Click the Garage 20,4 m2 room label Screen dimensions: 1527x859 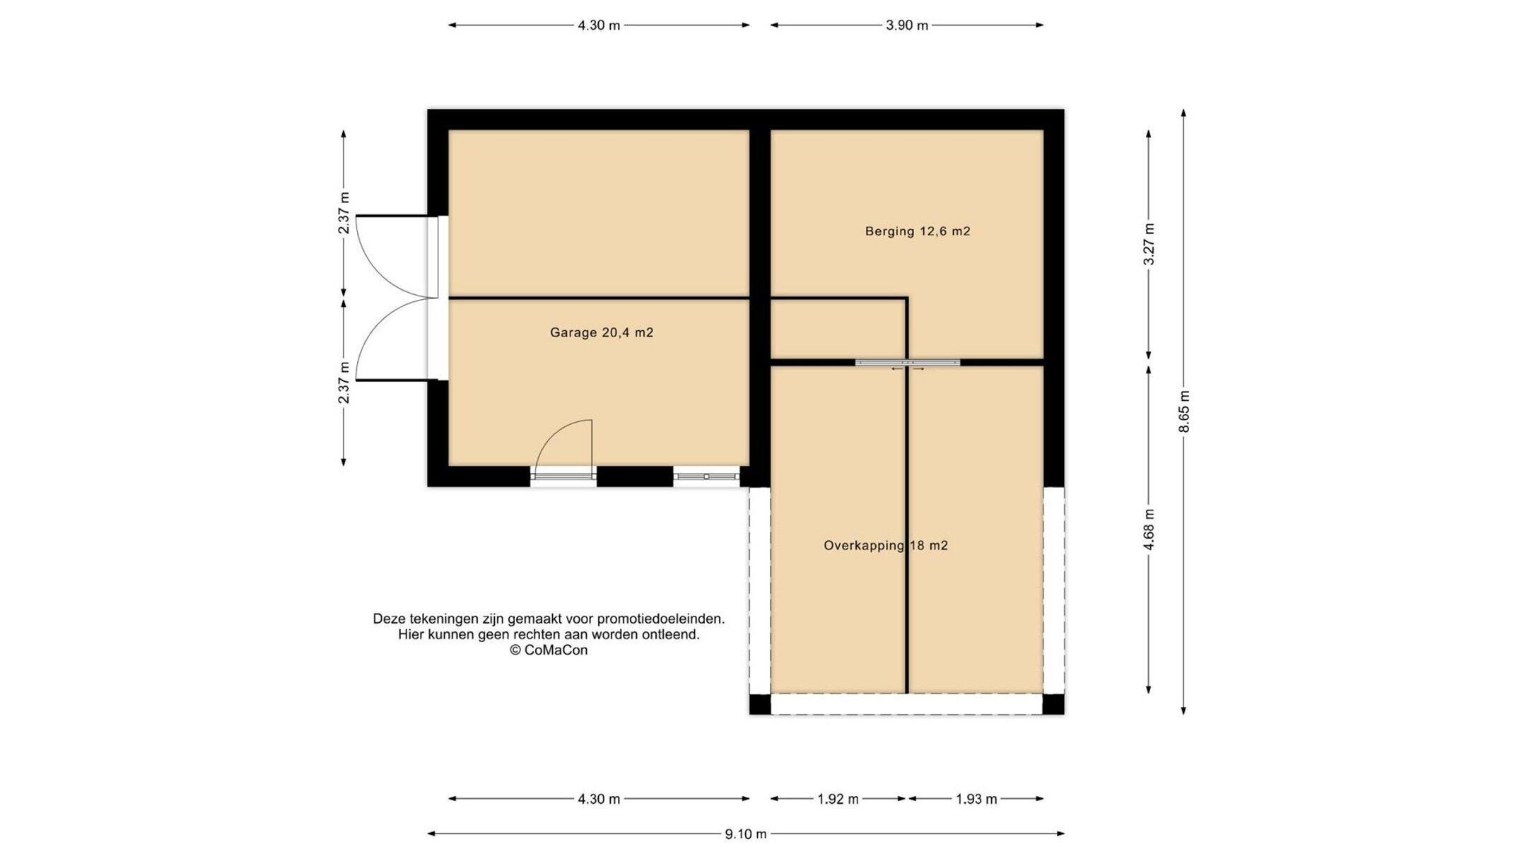pyautogui.click(x=602, y=332)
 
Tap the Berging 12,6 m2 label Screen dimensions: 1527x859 pyautogui.click(x=918, y=231)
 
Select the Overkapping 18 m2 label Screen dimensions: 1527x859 pyautogui.click(x=886, y=546)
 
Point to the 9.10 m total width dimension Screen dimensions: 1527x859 pyautogui.click(x=746, y=834)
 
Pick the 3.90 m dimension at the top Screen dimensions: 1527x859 pyautogui.click(x=907, y=25)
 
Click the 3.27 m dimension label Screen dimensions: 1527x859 pyautogui.click(x=1149, y=244)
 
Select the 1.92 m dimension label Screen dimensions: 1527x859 pyautogui.click(x=838, y=800)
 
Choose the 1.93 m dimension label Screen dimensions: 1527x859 pyautogui.click(x=976, y=800)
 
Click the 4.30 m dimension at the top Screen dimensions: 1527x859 pyautogui.click(x=599, y=25)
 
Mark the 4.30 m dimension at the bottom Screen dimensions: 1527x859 pyautogui.click(x=599, y=800)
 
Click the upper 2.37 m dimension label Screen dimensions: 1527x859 pyautogui.click(x=344, y=213)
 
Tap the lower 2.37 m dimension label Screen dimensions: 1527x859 pyautogui.click(x=344, y=382)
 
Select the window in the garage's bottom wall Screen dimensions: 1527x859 pyautogui.click(x=706, y=477)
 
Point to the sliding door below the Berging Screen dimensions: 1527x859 pyautogui.click(x=908, y=363)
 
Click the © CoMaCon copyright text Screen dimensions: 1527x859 pyautogui.click(x=549, y=650)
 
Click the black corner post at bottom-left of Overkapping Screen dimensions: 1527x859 pyautogui.click(x=760, y=704)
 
